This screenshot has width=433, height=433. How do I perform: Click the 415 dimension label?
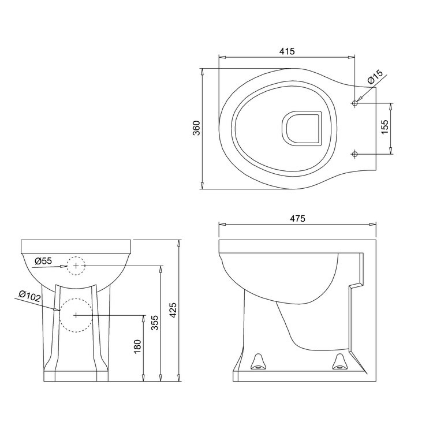tap(287, 51)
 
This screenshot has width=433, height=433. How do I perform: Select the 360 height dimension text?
tap(196, 128)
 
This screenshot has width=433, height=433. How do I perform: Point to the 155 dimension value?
tap(385, 128)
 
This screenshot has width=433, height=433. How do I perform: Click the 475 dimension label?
tap(297, 218)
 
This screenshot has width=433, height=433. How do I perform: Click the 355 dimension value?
tap(154, 322)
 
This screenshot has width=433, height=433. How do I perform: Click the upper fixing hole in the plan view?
tap(355, 103)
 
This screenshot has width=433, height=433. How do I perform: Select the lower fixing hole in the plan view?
tap(355, 154)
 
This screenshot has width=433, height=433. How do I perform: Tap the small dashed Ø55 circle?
tap(75, 265)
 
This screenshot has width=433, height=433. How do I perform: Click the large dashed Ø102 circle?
tap(76, 315)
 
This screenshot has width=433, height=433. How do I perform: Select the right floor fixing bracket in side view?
tap(339, 361)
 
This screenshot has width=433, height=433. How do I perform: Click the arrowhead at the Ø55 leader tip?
tap(65, 266)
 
